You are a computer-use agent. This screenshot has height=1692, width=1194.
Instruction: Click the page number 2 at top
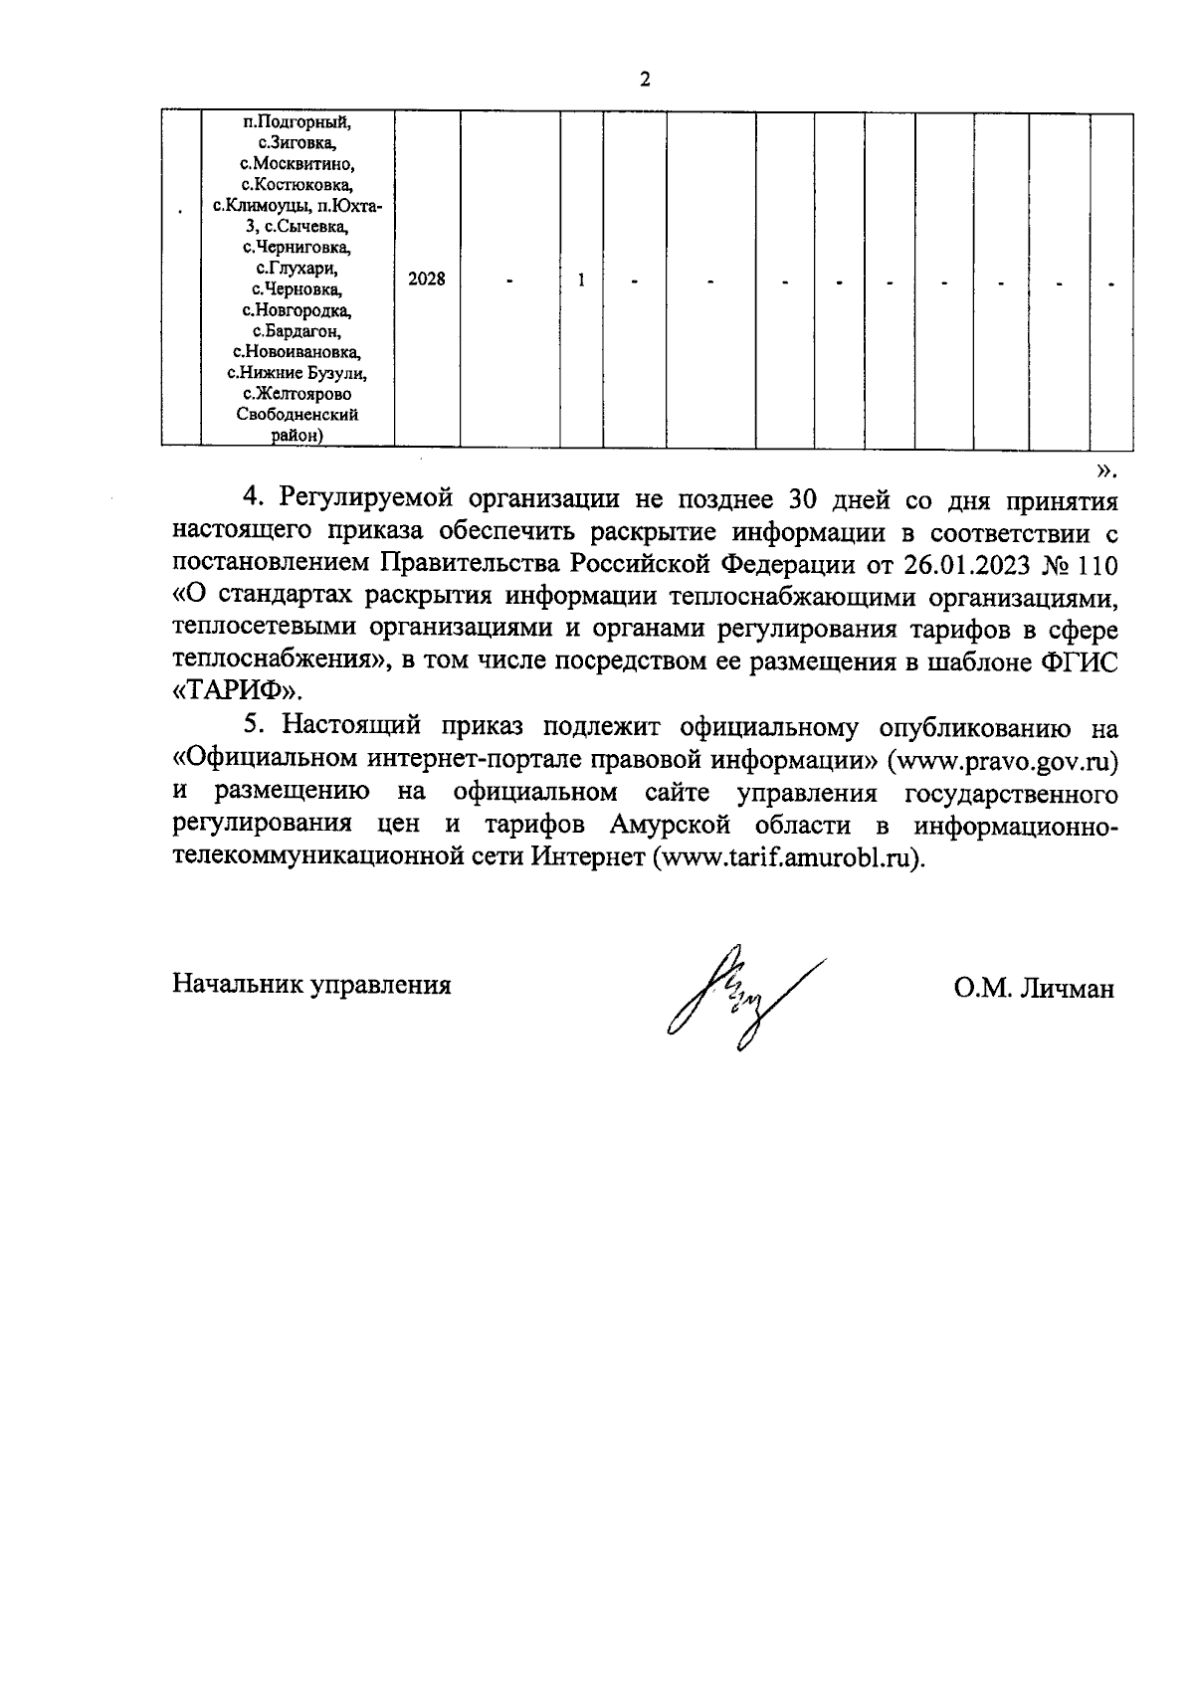pyautogui.click(x=645, y=81)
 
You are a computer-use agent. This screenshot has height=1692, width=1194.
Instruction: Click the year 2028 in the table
pyautogui.click(x=427, y=280)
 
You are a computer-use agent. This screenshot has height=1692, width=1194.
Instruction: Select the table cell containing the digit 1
pyautogui.click(x=581, y=280)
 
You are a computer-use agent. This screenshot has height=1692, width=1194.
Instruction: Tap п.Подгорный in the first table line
pyautogui.click(x=298, y=122)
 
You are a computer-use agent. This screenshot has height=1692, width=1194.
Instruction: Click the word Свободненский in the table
pyautogui.click(x=298, y=415)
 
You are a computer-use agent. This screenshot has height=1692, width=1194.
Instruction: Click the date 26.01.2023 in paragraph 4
pyautogui.click(x=966, y=565)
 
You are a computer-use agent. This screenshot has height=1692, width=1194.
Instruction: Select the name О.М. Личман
pyautogui.click(x=1034, y=989)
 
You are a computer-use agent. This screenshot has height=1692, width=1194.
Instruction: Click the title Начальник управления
pyautogui.click(x=312, y=985)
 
